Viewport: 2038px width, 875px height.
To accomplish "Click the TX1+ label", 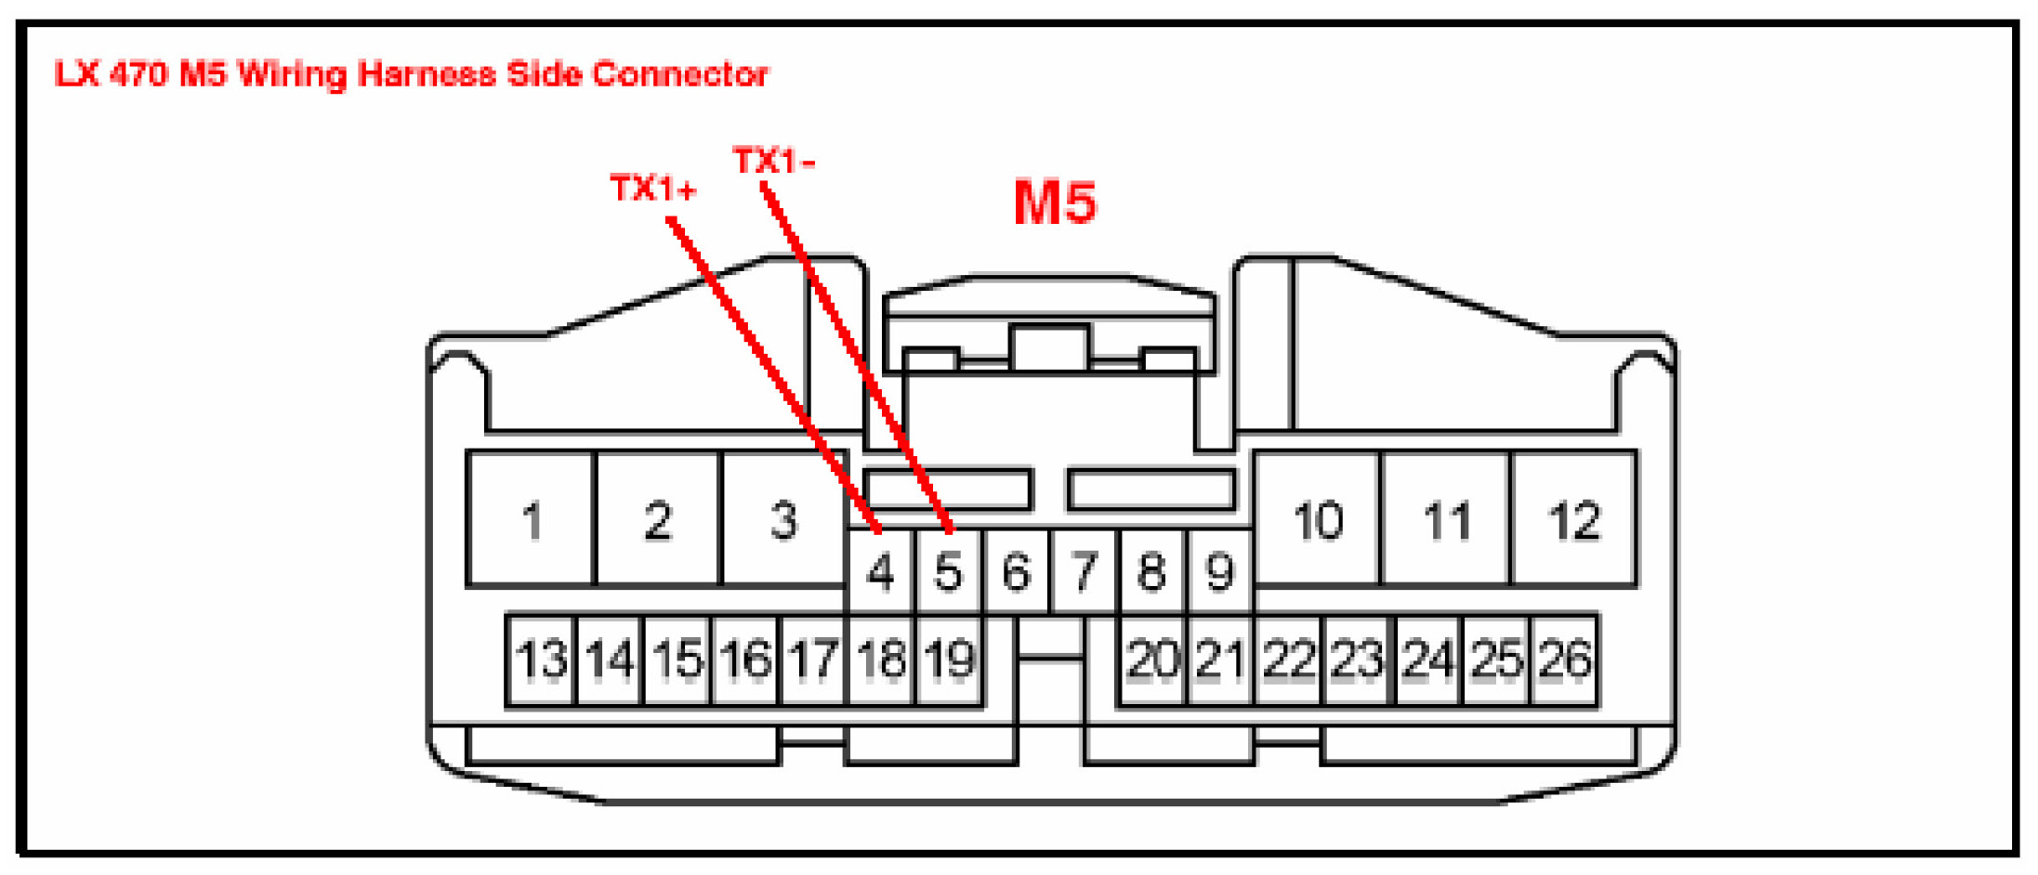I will click(652, 189).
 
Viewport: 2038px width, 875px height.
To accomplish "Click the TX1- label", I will click(773, 161).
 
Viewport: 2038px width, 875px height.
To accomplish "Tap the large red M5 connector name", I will click(1055, 202).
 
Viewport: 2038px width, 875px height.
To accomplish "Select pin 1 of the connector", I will click(532, 520).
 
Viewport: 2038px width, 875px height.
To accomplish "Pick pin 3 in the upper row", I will click(783, 520).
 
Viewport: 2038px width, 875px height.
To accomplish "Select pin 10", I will click(1318, 520).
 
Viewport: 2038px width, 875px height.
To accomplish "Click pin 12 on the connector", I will click(1574, 520).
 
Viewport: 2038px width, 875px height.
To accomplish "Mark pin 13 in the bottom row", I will click(541, 660).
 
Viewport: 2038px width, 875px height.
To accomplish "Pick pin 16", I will click(744, 660).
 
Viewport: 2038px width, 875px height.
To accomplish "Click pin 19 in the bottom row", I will click(949, 660).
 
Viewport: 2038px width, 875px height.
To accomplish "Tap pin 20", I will click(1152, 660).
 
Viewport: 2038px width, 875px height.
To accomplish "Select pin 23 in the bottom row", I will click(1357, 660).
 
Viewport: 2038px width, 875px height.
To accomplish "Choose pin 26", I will click(1565, 660).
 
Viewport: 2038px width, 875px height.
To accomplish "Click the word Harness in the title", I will click(427, 74).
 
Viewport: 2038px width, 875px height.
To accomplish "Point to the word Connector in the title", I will click(680, 74).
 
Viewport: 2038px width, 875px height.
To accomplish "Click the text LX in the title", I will click(76, 74).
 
